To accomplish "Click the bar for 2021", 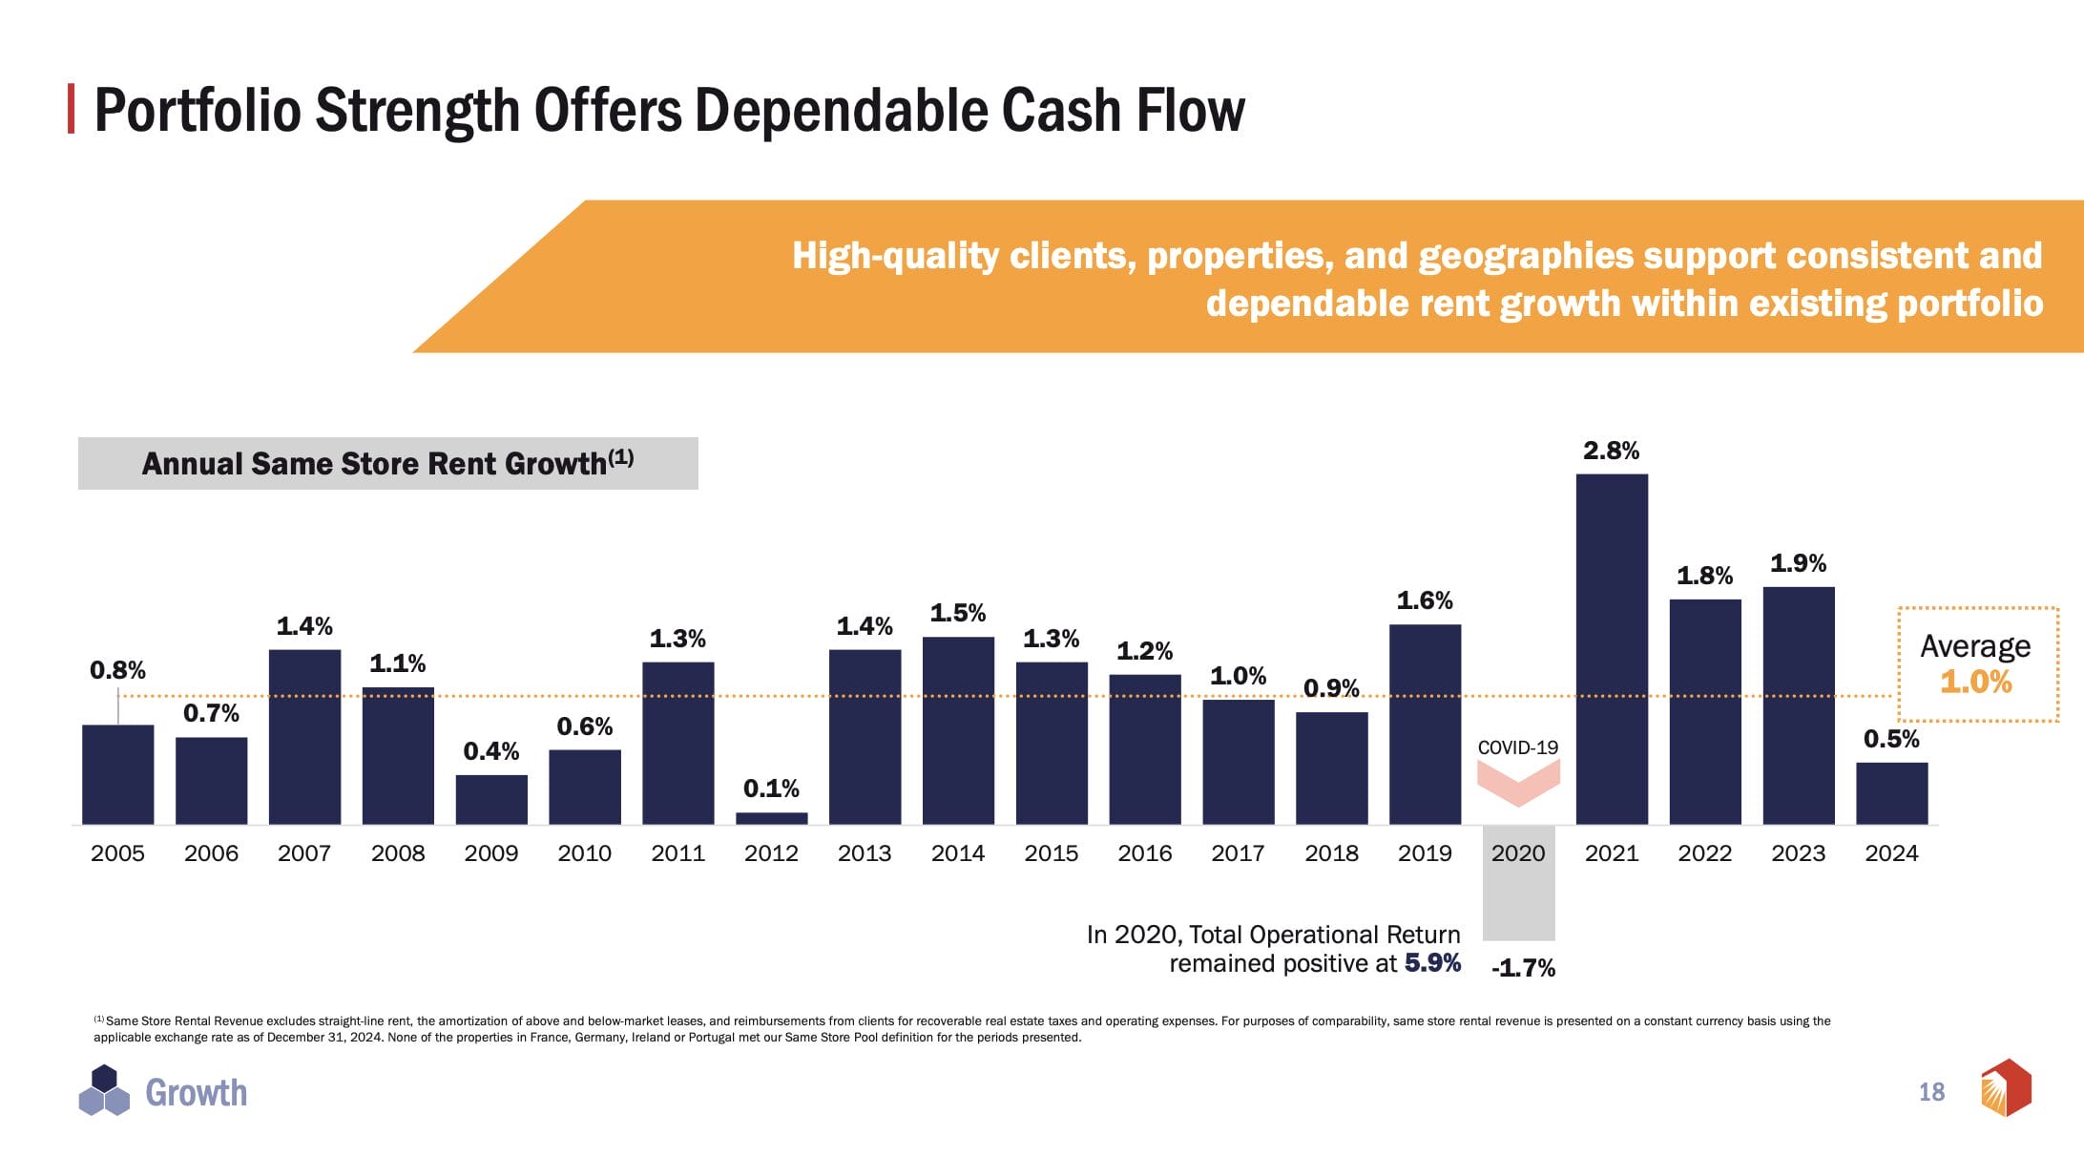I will (x=1612, y=649).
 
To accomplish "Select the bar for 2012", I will (x=771, y=818).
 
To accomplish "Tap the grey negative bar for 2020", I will (x=1518, y=883).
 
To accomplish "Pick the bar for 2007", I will (x=304, y=736).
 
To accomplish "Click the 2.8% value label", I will (x=1611, y=451).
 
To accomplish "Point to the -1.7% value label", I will (x=1523, y=968).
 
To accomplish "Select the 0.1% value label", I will (x=771, y=789).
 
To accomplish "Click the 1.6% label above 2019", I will (x=1424, y=600).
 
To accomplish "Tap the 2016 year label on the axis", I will (x=1144, y=853).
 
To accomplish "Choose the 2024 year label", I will (x=1891, y=853).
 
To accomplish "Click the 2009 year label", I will (x=490, y=853).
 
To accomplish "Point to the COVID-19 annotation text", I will (x=1517, y=747).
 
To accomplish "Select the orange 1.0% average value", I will (x=1975, y=682).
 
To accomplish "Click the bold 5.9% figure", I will (x=1432, y=962).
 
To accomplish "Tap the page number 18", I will (x=1931, y=1092).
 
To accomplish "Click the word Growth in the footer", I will (x=196, y=1093).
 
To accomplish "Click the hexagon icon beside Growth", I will (x=104, y=1091).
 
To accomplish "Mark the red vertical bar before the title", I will (x=72, y=109).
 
